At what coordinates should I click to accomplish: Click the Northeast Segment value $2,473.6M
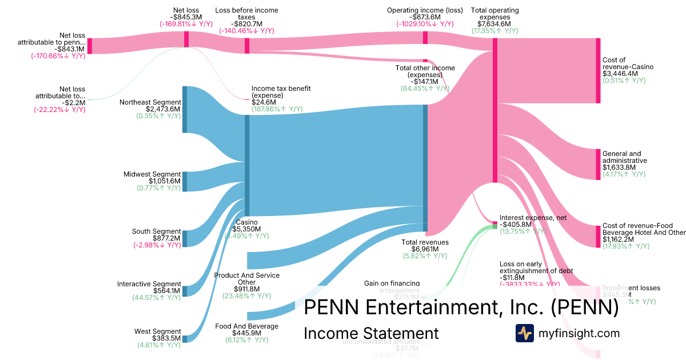[163, 109]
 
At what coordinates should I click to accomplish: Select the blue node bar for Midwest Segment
[184, 181]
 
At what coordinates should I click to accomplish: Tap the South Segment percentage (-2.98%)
[158, 245]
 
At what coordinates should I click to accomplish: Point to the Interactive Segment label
[149, 284]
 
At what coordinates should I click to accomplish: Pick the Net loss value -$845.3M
[186, 18]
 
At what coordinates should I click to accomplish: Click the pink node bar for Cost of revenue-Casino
[598, 71]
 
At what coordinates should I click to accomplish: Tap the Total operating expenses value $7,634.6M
[494, 24]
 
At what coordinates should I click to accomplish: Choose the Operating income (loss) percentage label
[425, 25]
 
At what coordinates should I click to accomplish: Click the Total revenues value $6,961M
[425, 249]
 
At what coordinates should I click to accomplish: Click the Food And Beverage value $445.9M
[246, 333]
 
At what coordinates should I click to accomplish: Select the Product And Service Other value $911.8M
[246, 289]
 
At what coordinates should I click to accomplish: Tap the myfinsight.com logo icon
[524, 333]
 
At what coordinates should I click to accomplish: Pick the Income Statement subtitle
[371, 333]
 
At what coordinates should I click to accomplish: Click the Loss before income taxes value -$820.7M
[247, 25]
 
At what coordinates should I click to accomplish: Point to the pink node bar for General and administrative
[598, 165]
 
